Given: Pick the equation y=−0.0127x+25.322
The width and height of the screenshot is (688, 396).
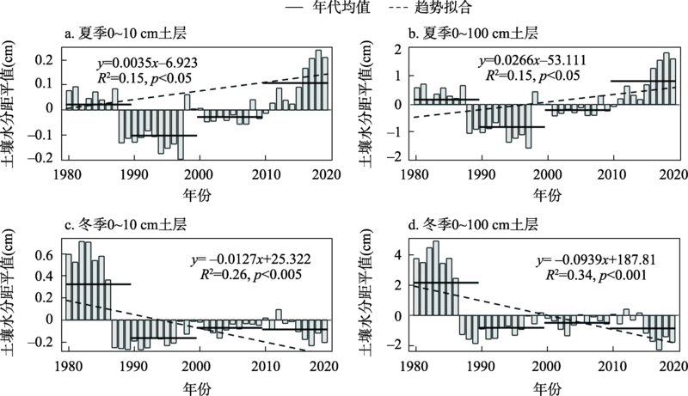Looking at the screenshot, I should pyautogui.click(x=252, y=259).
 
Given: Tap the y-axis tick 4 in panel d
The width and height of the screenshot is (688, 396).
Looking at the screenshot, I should pyautogui.click(x=398, y=255).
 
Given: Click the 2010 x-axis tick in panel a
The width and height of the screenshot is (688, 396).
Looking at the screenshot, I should pyautogui.click(x=266, y=174).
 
